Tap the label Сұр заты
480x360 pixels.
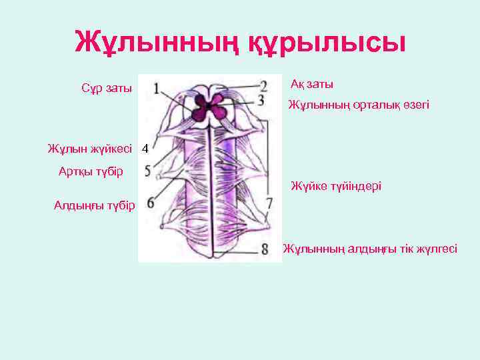point(106,89)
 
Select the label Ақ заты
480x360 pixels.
point(312,85)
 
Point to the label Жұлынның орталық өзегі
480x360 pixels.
point(359,105)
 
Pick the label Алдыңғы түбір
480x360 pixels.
point(94,205)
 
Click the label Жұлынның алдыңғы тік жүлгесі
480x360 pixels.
point(369,249)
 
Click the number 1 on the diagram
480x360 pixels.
point(155,88)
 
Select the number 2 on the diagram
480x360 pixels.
point(264,86)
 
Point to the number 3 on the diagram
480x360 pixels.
point(261,100)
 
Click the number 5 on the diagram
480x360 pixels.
point(147,171)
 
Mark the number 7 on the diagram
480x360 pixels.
point(269,201)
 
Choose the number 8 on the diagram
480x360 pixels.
point(265,249)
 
